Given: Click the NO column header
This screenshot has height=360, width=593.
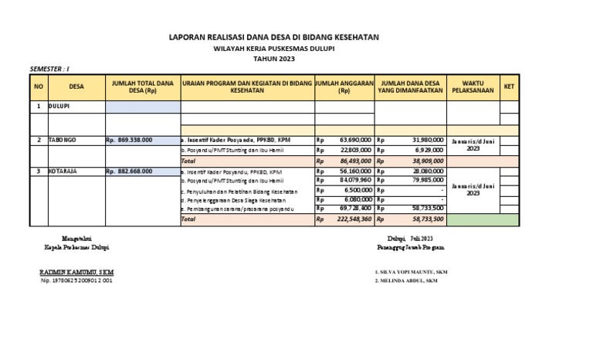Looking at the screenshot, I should point(39,87).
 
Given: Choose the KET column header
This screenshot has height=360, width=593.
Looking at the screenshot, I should point(509,87).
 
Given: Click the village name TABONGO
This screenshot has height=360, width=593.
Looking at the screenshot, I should point(63,140).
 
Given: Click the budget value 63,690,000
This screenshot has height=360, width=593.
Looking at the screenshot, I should point(355,140).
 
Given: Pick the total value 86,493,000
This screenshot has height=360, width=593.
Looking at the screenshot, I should point(355,161).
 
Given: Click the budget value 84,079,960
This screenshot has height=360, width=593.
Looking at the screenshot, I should point(355,181).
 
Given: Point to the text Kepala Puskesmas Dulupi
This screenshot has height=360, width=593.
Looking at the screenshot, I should point(76,248).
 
